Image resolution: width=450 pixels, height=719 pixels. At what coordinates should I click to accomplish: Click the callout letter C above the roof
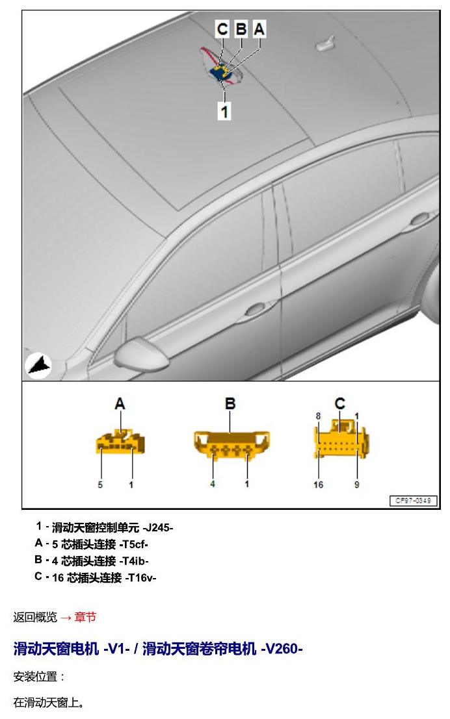coord(222,29)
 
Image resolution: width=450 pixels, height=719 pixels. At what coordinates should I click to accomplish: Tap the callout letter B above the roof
coord(241,29)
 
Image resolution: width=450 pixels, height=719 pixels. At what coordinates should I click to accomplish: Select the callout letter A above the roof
coord(259,29)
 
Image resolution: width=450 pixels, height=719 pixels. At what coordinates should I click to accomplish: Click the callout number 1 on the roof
coord(224,111)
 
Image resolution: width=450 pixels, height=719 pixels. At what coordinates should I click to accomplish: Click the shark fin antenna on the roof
coord(326,43)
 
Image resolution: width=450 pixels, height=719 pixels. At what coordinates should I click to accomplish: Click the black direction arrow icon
coord(38,366)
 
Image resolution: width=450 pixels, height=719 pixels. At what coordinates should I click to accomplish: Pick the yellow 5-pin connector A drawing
coord(120,442)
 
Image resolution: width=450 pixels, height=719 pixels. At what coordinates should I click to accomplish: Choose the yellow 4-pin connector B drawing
coord(232,444)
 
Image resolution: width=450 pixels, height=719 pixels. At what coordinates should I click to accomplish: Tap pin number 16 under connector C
coord(318,485)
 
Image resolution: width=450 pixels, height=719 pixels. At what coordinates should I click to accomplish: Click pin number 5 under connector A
coord(100,485)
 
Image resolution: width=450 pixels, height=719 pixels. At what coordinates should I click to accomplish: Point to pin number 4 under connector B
coord(213,484)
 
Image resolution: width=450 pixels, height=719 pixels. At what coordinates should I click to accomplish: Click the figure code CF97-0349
coord(414,500)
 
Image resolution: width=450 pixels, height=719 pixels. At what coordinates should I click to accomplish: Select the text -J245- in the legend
coord(158,528)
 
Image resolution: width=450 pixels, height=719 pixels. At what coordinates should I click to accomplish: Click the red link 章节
coord(85,617)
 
